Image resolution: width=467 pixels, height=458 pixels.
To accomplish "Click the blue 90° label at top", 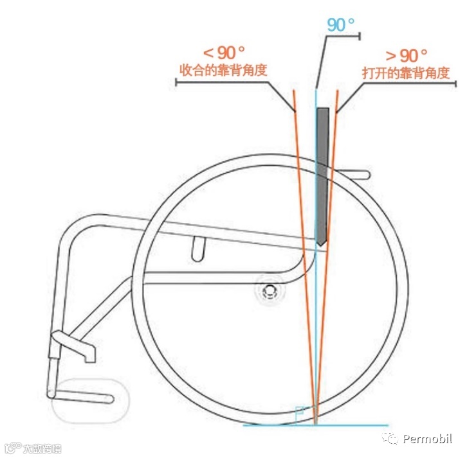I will click(341, 25).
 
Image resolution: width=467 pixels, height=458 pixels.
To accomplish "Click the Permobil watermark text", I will click(427, 439).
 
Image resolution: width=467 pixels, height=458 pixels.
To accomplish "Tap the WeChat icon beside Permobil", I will click(391, 439).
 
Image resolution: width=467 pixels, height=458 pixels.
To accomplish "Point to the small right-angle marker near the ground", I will click(299, 411).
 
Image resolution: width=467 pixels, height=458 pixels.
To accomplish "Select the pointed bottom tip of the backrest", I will click(320, 244).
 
